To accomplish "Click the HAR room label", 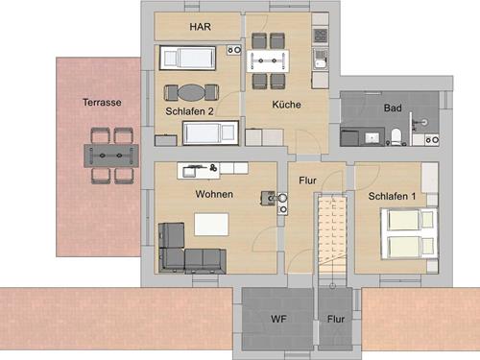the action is (x=201, y=27).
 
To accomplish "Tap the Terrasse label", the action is (x=102, y=103).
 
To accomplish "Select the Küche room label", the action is (x=286, y=105).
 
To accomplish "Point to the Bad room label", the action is (x=393, y=108).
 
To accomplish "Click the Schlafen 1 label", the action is (x=392, y=196).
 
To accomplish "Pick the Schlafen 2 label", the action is (x=189, y=111).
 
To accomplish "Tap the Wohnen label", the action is (x=214, y=194).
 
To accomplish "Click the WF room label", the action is (x=278, y=319).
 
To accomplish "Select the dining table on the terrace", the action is (x=111, y=156).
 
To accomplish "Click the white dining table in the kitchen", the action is (x=268, y=60).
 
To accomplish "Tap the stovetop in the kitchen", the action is (x=321, y=36).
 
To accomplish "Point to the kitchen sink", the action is (x=320, y=59).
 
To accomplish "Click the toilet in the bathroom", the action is (x=396, y=136).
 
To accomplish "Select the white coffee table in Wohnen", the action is (x=211, y=225).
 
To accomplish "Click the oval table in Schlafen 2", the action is (x=192, y=92).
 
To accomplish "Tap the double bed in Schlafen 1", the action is (x=409, y=234).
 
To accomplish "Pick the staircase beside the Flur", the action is (x=332, y=233).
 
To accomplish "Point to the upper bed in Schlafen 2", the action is (x=188, y=58).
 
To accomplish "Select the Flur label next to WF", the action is (x=336, y=319).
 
